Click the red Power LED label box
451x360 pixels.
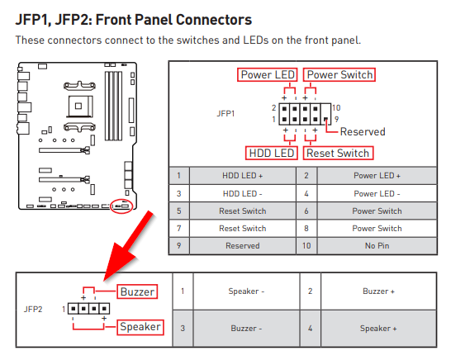point(268,75)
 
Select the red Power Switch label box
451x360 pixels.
point(339,75)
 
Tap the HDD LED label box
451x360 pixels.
point(272,153)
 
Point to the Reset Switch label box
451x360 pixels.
point(338,153)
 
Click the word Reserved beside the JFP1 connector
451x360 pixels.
point(363,131)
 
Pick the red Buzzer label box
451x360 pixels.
point(137,291)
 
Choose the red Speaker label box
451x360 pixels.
point(140,327)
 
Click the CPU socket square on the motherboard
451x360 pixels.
point(78,107)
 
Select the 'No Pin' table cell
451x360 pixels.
point(377,246)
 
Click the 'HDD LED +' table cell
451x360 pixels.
point(243,176)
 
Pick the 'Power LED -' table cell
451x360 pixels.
point(377,193)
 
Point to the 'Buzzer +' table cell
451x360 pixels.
point(378,291)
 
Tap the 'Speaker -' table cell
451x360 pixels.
point(246,291)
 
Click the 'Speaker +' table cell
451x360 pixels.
point(378,329)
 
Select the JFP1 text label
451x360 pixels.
point(225,114)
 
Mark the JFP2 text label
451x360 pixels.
point(33,309)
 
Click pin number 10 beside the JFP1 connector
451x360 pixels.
point(336,108)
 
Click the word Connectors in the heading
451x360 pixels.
point(214,20)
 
